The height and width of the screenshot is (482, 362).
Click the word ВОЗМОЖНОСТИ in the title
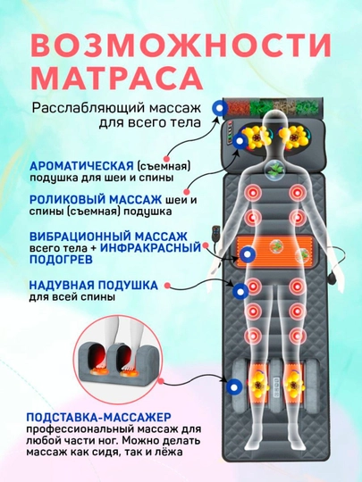(x=181, y=46)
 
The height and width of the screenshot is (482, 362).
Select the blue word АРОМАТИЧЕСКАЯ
(x=81, y=166)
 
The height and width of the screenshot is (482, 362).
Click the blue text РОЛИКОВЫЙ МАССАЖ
(x=96, y=200)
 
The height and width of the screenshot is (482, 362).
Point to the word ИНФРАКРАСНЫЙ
(x=150, y=247)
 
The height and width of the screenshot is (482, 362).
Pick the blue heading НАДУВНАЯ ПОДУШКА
(x=94, y=286)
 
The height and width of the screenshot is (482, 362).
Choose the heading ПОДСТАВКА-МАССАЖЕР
(x=98, y=417)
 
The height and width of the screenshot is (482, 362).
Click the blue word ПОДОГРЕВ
(x=61, y=259)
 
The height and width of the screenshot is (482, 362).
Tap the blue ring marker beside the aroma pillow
(x=220, y=108)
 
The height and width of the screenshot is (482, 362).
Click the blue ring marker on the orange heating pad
(x=247, y=254)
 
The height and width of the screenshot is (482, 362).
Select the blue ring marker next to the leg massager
(x=234, y=386)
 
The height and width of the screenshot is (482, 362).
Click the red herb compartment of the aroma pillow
(x=238, y=107)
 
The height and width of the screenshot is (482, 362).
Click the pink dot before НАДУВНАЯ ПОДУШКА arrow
(x=167, y=286)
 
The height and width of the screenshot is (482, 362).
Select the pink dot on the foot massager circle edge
(x=160, y=381)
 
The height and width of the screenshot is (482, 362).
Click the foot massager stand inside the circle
(x=117, y=361)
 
